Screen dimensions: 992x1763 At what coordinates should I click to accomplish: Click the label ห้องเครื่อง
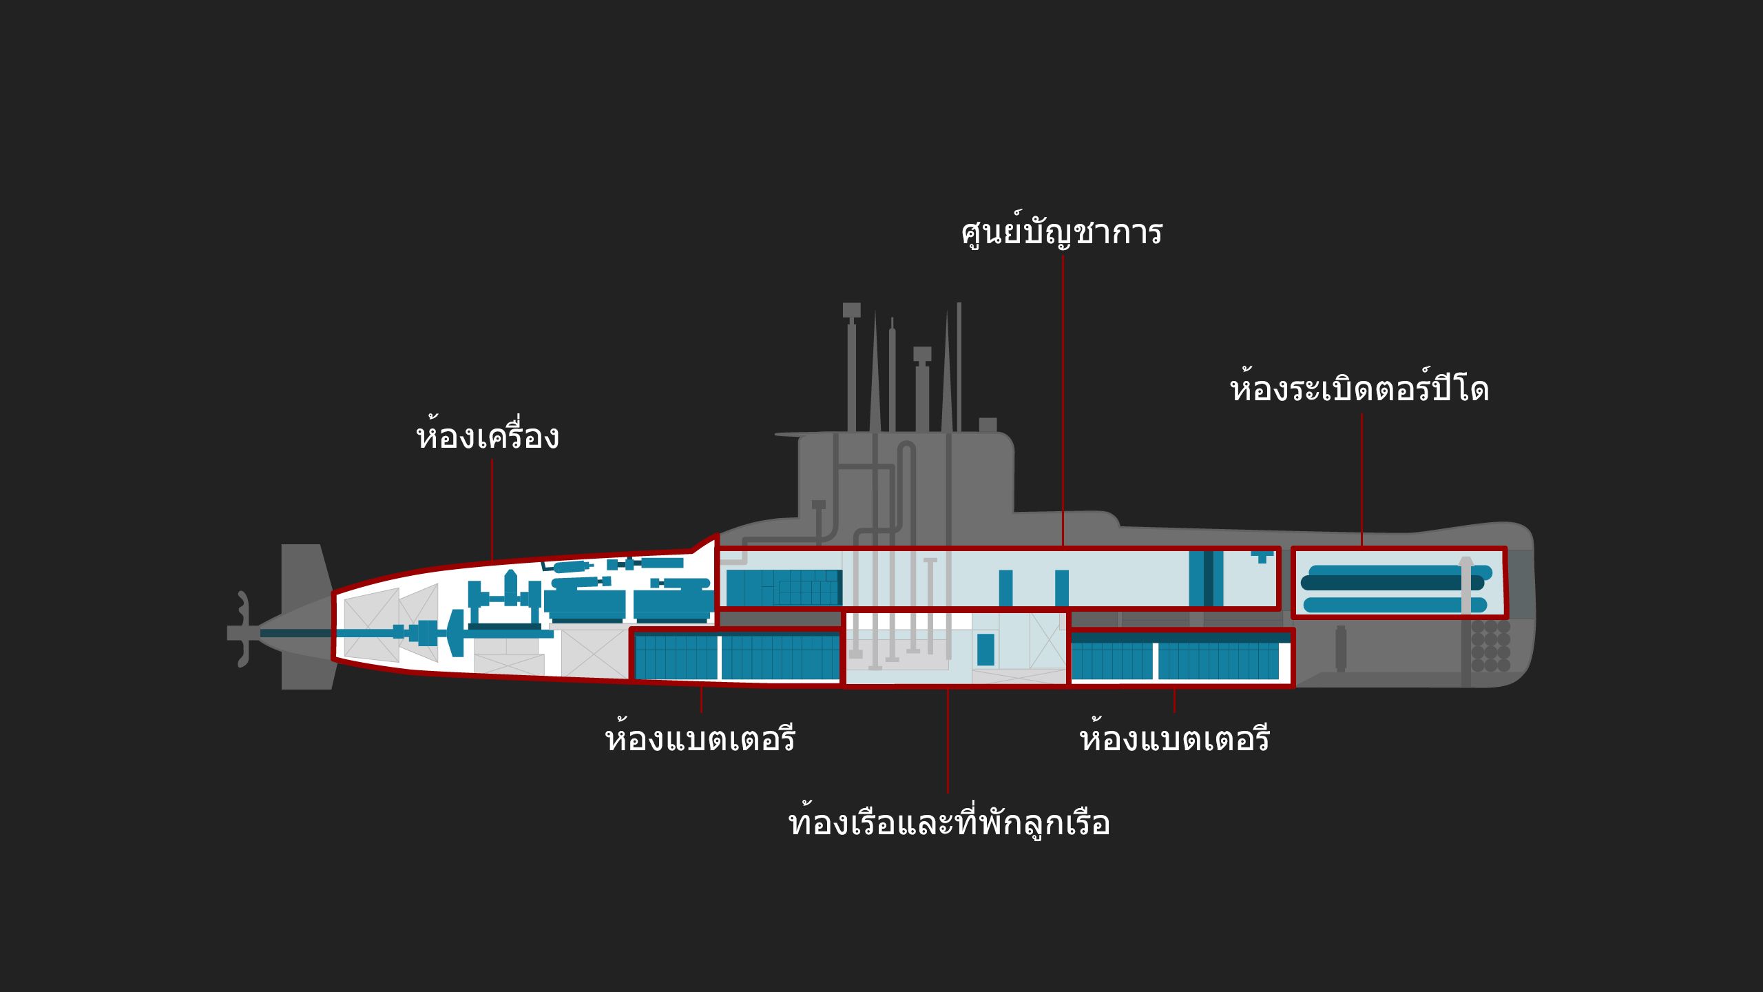488,437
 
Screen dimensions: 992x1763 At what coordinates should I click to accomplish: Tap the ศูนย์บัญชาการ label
1061,232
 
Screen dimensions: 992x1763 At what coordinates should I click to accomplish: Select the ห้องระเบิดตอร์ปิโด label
1359,390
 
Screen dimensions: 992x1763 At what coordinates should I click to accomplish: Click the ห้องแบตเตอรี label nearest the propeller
700,739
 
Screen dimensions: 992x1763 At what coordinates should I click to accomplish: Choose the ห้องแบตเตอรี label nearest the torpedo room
1174,739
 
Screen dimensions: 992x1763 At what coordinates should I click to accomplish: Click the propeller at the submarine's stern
242,629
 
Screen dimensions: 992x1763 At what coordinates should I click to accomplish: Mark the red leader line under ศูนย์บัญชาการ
1063,400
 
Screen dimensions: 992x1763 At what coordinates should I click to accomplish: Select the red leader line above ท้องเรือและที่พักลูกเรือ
948,741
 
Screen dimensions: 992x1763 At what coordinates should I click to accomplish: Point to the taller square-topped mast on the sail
852,365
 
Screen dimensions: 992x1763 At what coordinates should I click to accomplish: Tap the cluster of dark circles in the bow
1491,645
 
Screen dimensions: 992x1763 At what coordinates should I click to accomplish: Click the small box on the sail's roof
988,424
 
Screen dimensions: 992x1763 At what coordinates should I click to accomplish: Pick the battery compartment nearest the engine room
736,657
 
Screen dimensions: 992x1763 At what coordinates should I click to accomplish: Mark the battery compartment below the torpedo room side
1181,658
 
